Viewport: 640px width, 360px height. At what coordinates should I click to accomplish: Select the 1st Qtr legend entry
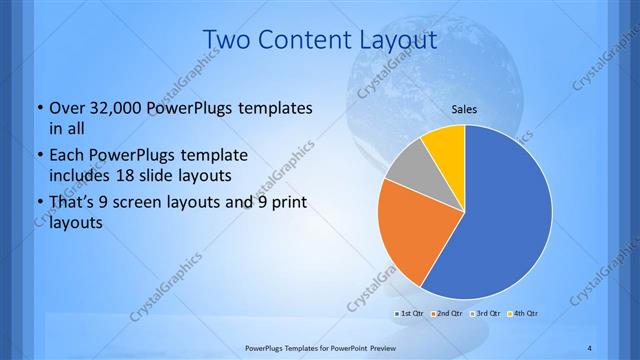tap(410, 314)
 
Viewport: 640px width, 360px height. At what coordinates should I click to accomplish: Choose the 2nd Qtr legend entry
tap(447, 314)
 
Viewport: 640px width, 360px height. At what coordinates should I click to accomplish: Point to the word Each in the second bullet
tap(67, 157)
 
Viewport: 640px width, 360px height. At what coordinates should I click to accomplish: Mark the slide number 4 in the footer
tap(590, 348)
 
